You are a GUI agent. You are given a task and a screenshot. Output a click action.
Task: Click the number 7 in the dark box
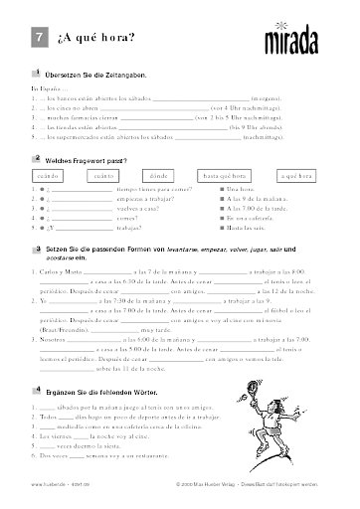[37, 37]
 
